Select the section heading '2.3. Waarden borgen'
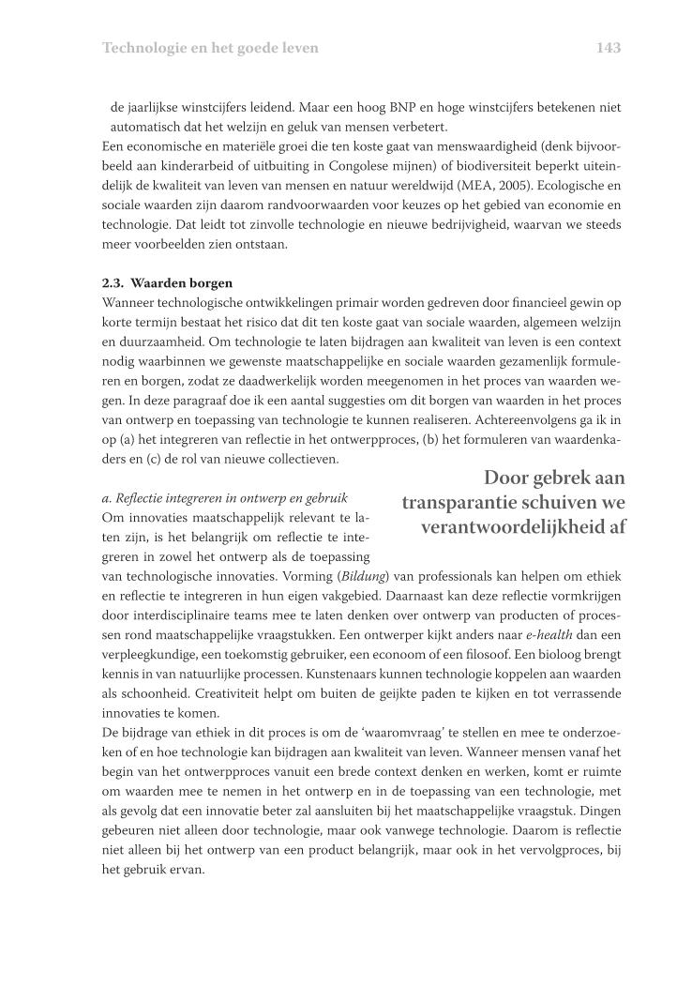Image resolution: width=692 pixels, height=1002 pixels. (x=167, y=282)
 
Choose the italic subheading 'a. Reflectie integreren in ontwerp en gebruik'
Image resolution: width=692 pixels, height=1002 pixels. (x=224, y=497)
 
